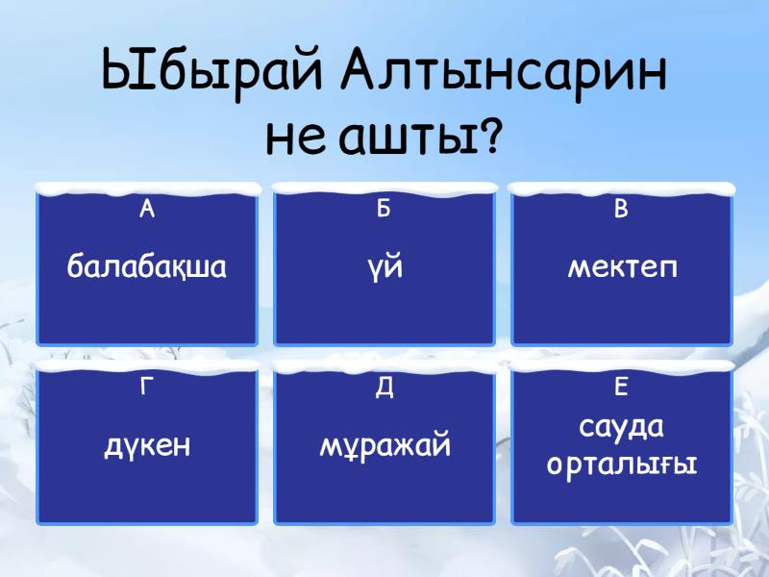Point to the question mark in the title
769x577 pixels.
pyautogui.click(x=490, y=138)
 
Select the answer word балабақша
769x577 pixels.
pyautogui.click(x=147, y=266)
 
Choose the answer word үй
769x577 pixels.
pyautogui.click(x=384, y=266)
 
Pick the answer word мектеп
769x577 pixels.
pyautogui.click(x=622, y=266)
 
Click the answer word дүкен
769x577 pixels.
pyautogui.click(x=147, y=446)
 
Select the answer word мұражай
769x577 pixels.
pyautogui.click(x=384, y=446)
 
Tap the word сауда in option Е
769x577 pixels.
pyautogui.click(x=622, y=426)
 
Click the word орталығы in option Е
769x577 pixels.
pyautogui.click(x=622, y=464)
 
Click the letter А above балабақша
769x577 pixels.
pyautogui.click(x=147, y=210)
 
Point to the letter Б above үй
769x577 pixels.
pyautogui.click(x=384, y=210)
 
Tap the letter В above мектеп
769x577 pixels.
pyautogui.click(x=622, y=210)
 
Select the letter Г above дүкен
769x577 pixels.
pyautogui.click(x=147, y=388)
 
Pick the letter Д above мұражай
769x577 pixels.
pyautogui.click(x=384, y=388)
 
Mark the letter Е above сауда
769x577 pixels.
pyautogui.click(x=622, y=388)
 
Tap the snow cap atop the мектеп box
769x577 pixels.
pyautogui.click(x=622, y=188)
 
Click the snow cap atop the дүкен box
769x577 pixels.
pyautogui.click(x=147, y=366)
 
